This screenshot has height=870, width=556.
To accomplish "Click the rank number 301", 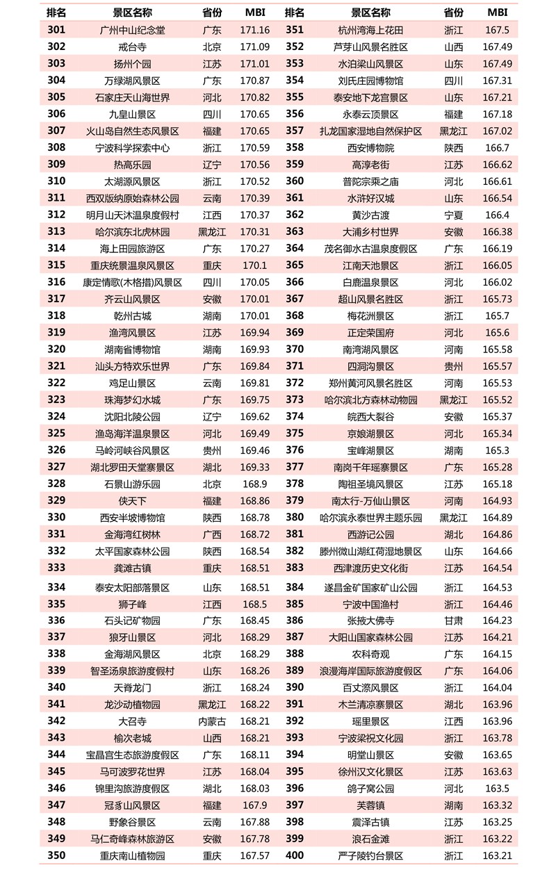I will click(x=57, y=30).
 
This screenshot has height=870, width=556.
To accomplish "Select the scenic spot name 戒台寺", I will click(x=132, y=47).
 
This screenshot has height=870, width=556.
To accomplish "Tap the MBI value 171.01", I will click(x=254, y=64).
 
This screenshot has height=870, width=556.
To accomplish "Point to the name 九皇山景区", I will click(x=132, y=114).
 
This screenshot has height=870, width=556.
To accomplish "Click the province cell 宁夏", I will click(x=453, y=215).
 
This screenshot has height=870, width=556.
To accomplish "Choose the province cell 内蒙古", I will click(x=212, y=721).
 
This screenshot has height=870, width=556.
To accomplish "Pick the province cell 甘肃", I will click(x=453, y=621).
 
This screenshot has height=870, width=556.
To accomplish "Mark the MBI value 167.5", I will click(x=497, y=30).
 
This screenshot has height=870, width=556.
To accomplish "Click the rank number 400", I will click(x=295, y=855).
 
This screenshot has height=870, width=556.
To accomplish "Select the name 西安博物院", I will click(x=370, y=148).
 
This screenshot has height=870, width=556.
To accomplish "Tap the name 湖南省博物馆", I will click(x=132, y=350).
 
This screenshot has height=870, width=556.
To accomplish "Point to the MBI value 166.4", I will click(x=497, y=215).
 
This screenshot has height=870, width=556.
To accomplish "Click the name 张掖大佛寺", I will click(x=370, y=621).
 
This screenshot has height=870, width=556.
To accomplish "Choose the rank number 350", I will click(x=57, y=855).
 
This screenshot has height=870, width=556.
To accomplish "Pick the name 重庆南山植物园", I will click(x=132, y=855).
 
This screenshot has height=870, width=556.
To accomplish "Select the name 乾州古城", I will click(x=132, y=316).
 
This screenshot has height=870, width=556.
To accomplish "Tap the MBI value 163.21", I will click(x=497, y=855).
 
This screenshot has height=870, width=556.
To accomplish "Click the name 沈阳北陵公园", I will click(x=132, y=417).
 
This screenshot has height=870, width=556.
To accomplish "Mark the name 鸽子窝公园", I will click(x=370, y=789).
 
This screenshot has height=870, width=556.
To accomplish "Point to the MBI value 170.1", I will click(x=254, y=265).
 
